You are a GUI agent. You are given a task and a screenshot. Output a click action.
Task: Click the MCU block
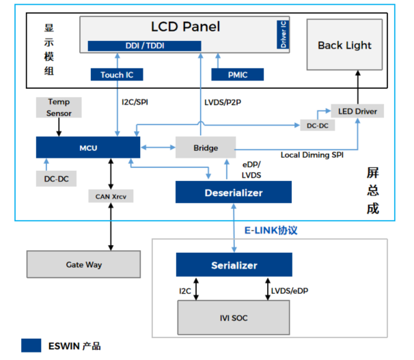87,148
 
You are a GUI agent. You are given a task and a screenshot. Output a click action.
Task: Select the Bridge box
205,148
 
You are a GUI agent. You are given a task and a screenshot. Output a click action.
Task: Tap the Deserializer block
234,192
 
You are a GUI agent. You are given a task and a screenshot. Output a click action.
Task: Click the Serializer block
234,264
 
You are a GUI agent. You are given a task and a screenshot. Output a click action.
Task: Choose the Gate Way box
84,264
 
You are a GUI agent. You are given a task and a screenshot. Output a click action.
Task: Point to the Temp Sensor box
59,107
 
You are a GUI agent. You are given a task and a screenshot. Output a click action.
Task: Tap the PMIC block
232,74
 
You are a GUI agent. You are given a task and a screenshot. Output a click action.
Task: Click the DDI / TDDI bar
144,46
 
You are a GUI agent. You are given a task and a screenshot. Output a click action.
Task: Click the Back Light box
344,46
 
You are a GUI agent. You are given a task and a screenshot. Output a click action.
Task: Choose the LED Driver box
353,111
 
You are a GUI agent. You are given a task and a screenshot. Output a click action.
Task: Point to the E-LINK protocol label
271,230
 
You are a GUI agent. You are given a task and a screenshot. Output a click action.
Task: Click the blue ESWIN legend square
30,346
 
